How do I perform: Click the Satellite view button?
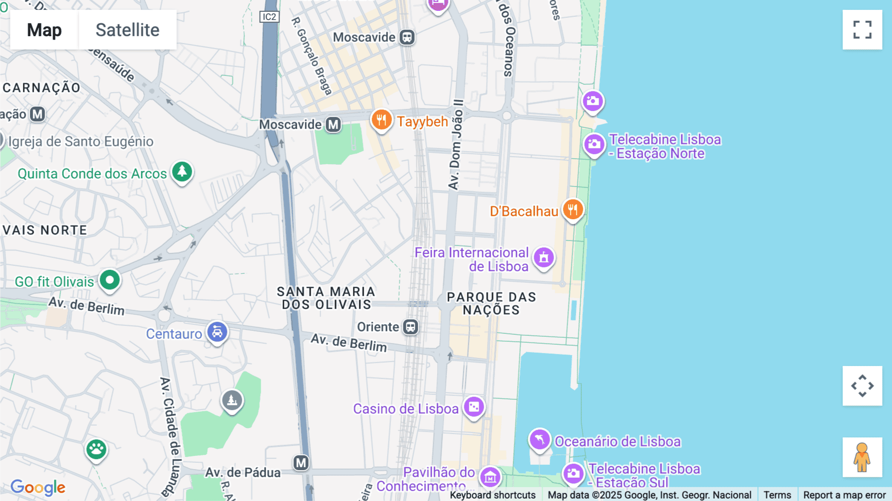click(127, 30)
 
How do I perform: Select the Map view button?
click(44, 30)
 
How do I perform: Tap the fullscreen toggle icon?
click(862, 30)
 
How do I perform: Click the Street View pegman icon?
click(862, 457)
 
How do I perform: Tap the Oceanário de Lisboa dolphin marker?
click(540, 439)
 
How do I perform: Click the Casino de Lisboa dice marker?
click(474, 407)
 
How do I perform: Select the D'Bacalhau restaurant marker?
click(573, 210)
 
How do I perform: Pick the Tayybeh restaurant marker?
click(382, 120)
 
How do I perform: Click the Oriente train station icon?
click(410, 327)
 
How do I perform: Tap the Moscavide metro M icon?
click(334, 125)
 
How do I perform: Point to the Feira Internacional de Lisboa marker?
click(544, 258)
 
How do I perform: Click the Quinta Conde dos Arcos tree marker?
click(182, 172)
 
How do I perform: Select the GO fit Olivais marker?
click(110, 280)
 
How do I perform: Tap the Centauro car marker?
click(217, 332)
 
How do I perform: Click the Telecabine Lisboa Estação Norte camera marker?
click(594, 145)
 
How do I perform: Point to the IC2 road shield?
click(269, 17)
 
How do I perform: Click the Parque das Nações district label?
click(491, 303)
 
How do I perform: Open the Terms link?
click(777, 495)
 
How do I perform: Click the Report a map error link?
click(844, 495)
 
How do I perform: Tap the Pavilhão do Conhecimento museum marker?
click(490, 477)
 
